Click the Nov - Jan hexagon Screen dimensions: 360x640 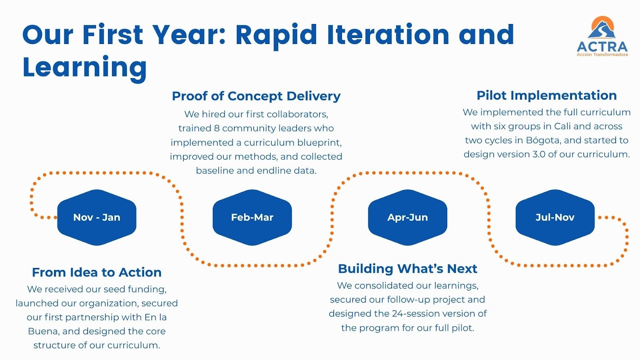coord(97,217)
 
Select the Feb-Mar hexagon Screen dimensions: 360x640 coord(252,217)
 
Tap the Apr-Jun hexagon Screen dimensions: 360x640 coord(407,217)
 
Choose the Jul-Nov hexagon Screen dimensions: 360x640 coord(555,217)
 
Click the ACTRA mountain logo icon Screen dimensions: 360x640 coord(602,28)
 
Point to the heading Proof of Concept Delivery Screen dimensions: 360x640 coord(256,96)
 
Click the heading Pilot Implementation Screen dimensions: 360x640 coord(546,95)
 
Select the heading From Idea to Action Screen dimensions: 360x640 coord(97,272)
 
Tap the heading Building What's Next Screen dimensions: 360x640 coord(407,268)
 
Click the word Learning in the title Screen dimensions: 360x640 coord(85,67)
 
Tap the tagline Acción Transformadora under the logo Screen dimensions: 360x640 coord(602,55)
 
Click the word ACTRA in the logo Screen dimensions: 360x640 coord(602,46)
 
